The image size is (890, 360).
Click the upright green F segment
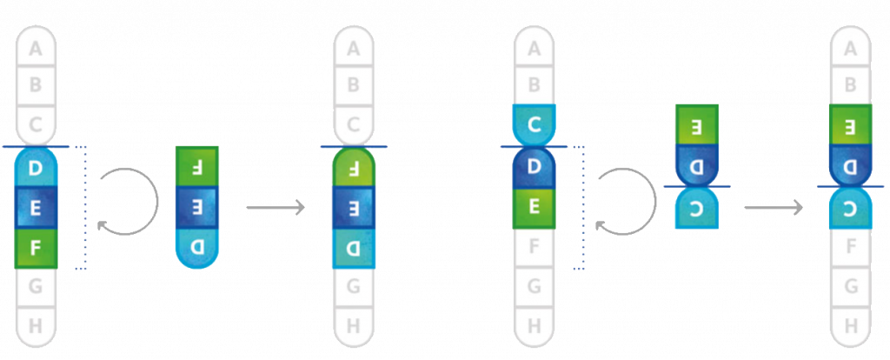point(37,247)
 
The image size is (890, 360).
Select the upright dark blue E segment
point(37,208)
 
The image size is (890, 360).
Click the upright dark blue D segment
point(535,166)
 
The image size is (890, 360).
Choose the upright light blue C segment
point(535,123)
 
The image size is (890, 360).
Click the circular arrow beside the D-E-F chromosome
point(130,202)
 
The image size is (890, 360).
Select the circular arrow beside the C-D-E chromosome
point(628,202)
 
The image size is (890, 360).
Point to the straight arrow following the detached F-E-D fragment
point(276,208)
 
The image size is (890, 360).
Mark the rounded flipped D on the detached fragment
point(197,247)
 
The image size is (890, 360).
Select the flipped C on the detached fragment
point(697,209)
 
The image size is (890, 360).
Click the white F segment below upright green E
point(535,247)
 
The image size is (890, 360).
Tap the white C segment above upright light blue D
point(37,123)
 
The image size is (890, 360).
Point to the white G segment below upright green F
point(37,284)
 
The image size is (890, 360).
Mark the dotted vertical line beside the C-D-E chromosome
point(583,208)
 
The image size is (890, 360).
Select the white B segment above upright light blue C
point(535,85)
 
